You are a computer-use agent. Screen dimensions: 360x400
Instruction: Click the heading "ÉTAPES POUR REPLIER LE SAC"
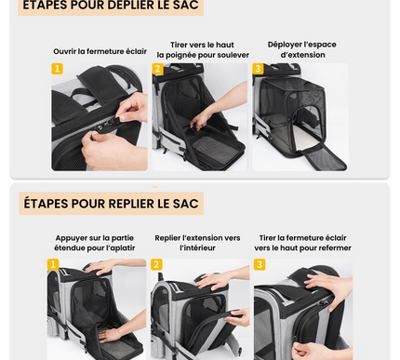pyautogui.click(x=111, y=203)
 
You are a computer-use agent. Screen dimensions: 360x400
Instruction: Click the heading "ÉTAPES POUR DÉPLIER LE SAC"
pyautogui.click(x=111, y=6)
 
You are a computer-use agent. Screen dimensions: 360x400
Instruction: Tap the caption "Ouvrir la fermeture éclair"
pyautogui.click(x=100, y=52)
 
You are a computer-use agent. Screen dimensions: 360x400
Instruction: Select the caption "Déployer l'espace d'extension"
pyautogui.click(x=302, y=49)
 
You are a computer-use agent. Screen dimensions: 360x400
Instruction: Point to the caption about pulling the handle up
pyautogui.click(x=202, y=49)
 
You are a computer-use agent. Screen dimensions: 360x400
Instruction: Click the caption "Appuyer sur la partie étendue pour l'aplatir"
pyautogui.click(x=95, y=243)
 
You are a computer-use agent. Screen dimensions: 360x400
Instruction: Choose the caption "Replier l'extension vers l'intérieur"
pyautogui.click(x=197, y=243)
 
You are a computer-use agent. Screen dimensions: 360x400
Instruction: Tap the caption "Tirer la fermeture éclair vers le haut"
pyautogui.click(x=302, y=243)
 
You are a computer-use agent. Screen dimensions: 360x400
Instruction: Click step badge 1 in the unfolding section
pyautogui.click(x=57, y=69)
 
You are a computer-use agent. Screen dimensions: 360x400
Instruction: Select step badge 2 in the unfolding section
pyautogui.click(x=157, y=69)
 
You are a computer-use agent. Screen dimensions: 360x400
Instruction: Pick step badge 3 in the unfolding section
pyautogui.click(x=258, y=69)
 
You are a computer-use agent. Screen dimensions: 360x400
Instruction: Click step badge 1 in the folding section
pyautogui.click(x=53, y=265)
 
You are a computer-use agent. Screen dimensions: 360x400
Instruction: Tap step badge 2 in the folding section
pyautogui.click(x=156, y=265)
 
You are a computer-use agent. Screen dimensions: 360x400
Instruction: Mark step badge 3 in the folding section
pyautogui.click(x=260, y=265)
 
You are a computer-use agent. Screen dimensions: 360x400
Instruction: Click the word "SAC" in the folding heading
pyautogui.click(x=185, y=203)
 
